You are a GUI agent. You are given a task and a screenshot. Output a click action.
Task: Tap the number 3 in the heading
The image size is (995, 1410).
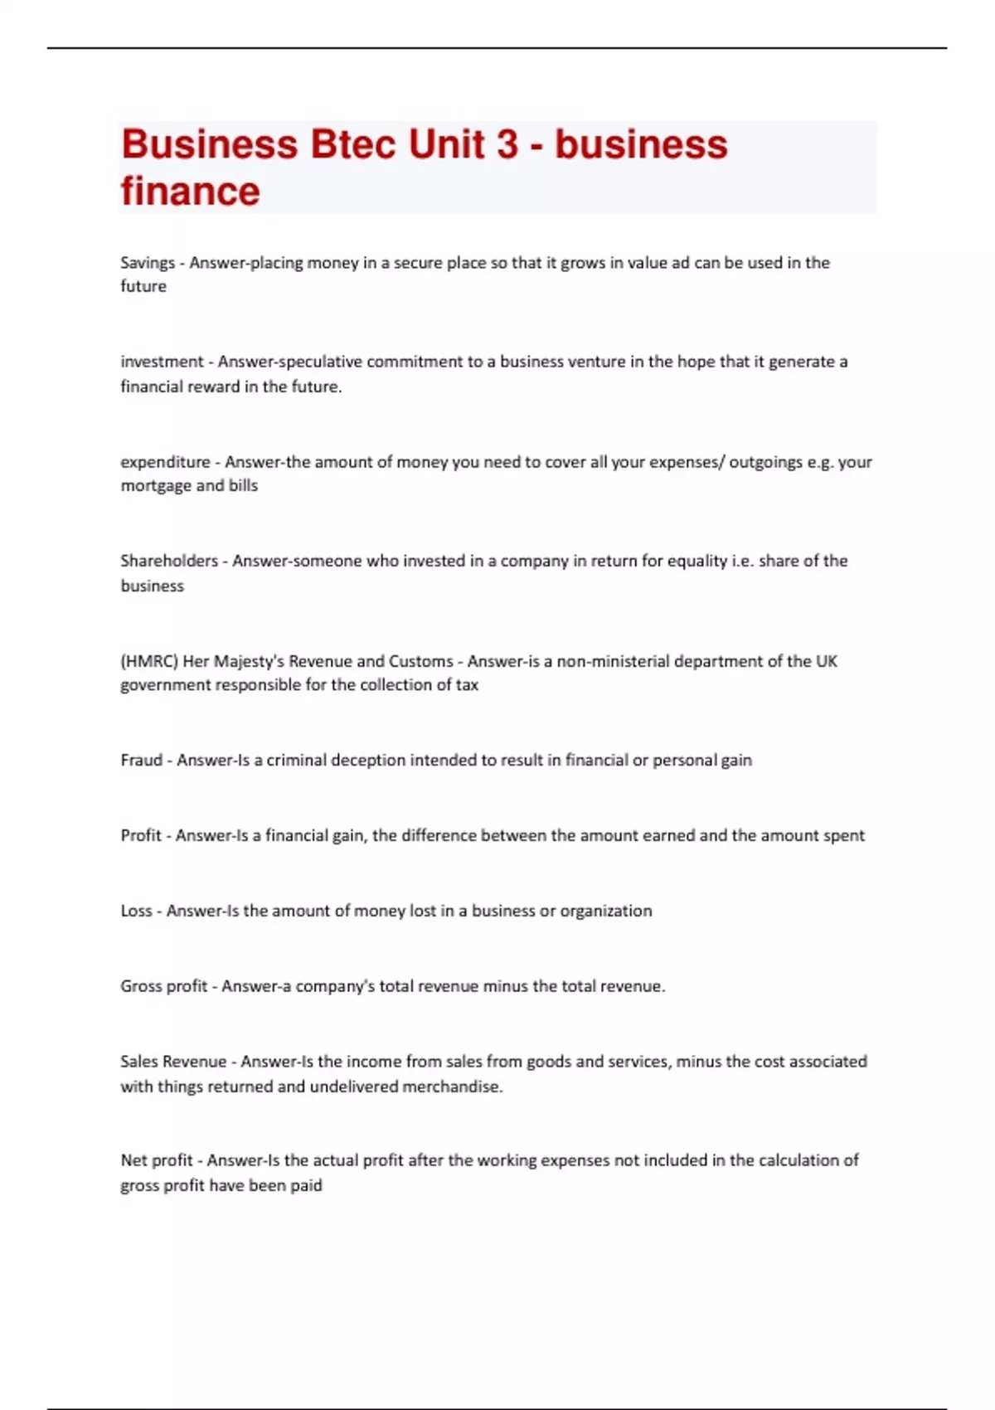(507, 144)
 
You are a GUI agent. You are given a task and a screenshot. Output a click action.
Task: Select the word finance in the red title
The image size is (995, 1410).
(191, 191)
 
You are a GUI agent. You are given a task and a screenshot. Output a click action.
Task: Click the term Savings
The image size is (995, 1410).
(148, 263)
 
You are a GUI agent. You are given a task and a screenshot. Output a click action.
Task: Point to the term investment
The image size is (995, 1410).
(162, 362)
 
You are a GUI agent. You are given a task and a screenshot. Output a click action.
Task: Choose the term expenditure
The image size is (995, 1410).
(165, 462)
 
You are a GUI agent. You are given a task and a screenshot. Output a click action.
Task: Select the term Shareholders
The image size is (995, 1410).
(169, 561)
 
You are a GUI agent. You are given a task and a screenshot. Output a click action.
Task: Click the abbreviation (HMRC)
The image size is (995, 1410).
(149, 661)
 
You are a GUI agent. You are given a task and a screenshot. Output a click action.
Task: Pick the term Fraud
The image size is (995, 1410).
(141, 760)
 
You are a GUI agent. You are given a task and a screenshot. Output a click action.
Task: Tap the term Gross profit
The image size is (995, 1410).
(163, 986)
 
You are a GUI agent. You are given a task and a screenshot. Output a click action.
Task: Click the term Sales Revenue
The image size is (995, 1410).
(173, 1062)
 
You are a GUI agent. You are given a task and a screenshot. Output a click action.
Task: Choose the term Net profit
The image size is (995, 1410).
(157, 1160)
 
